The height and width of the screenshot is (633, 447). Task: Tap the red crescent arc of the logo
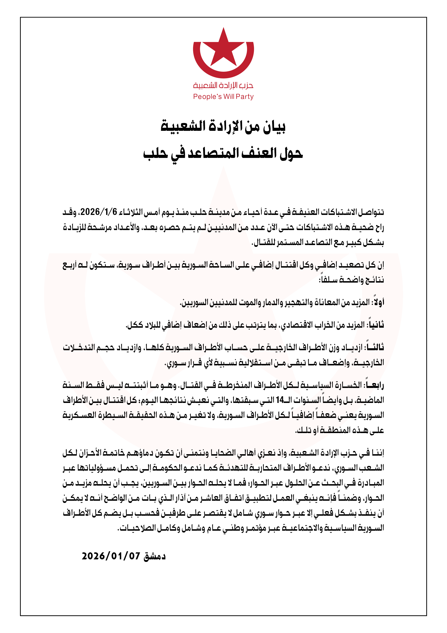[223, 73]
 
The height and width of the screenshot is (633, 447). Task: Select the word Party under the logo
[245, 97]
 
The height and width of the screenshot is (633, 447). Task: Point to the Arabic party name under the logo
[223, 86]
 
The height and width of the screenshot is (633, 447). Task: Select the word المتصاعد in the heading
[213, 153]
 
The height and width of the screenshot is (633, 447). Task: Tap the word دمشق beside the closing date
[154, 556]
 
